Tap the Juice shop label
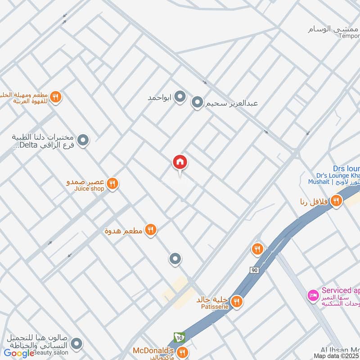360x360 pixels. tap(90, 189)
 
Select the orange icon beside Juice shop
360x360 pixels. tap(112, 183)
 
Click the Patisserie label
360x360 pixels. tap(212, 306)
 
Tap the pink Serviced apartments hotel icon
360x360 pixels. tap(312, 296)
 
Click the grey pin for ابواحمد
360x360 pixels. tap(180, 97)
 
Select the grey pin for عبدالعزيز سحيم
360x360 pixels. tap(197, 103)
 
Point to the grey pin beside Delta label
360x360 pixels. tap(82, 141)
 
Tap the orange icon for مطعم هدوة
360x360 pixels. tap(151, 230)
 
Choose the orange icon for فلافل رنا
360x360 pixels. tap(335, 202)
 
